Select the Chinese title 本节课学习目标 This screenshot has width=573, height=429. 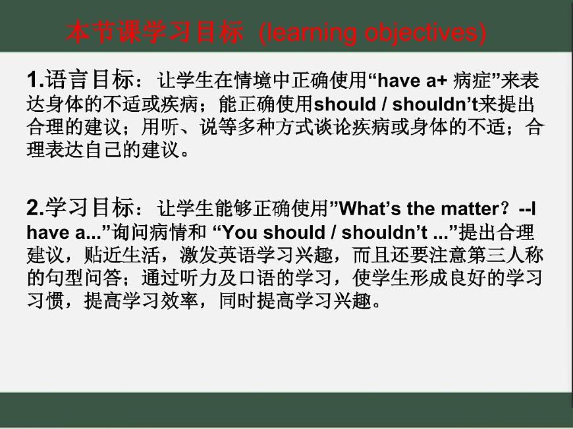[155, 33]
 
